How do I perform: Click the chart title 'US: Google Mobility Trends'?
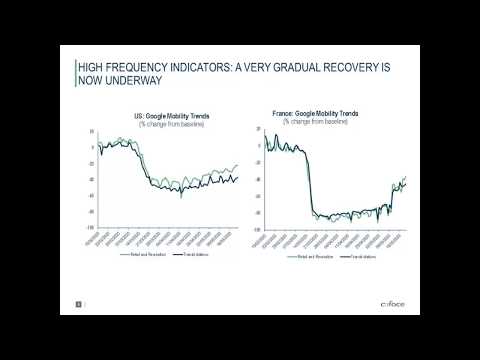point(172,117)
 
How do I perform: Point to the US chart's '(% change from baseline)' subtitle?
point(172,124)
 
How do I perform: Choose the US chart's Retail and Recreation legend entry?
point(141,256)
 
